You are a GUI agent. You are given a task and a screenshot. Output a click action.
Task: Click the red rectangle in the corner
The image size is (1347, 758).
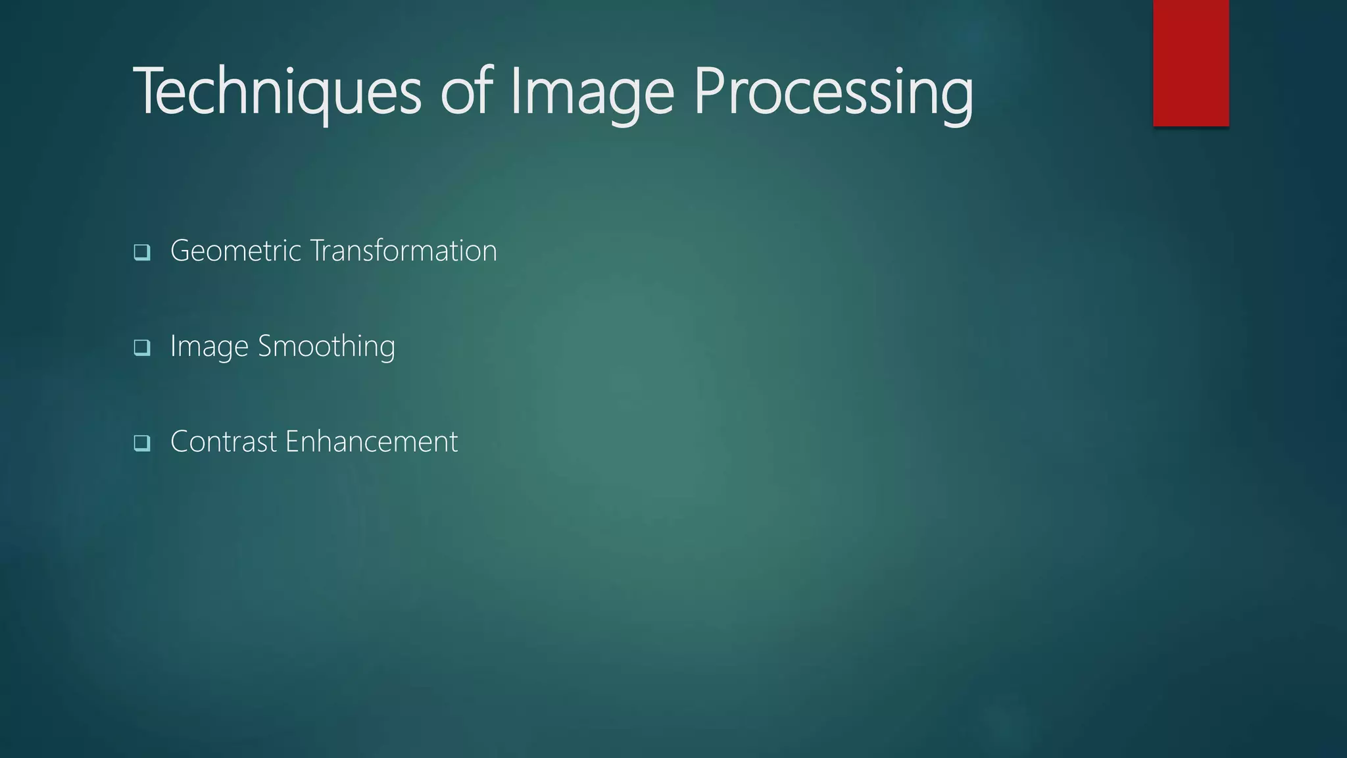(x=1190, y=63)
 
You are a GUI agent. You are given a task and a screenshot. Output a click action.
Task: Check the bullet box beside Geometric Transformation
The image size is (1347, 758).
(x=141, y=252)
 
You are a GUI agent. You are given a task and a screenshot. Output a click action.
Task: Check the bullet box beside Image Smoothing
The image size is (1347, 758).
(x=141, y=347)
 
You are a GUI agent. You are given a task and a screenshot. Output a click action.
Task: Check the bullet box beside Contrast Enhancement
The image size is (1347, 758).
(x=141, y=443)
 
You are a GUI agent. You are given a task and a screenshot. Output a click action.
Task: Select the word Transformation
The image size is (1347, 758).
(x=403, y=251)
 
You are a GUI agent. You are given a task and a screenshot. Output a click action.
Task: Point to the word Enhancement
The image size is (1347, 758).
(x=372, y=442)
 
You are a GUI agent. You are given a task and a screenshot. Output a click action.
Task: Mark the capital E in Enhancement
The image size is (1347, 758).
(x=291, y=442)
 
